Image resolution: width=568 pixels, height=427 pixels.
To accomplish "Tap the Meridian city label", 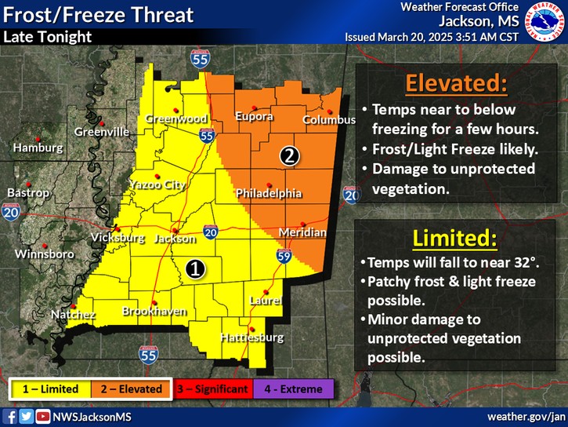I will [302, 233].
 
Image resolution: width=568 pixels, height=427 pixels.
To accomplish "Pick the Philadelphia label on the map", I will [269, 192].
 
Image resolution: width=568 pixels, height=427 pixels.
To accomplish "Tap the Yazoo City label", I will [157, 185].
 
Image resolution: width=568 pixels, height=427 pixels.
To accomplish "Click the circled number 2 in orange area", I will [289, 155].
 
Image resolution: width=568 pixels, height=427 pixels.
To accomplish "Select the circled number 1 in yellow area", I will [196, 268].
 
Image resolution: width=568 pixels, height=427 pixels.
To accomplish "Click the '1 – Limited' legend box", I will [50, 389].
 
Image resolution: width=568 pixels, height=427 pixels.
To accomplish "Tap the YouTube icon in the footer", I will [42, 416].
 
